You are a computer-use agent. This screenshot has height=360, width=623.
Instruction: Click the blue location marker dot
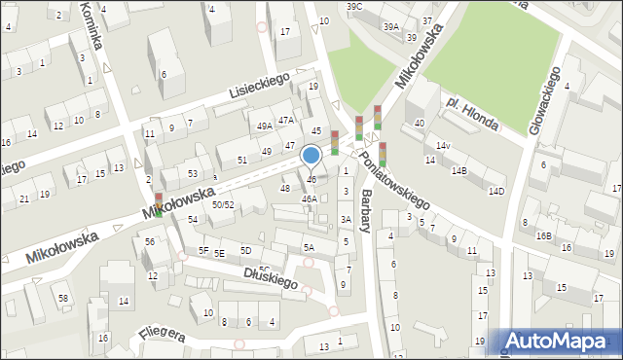click(311, 154)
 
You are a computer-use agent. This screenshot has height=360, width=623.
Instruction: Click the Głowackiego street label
click(542, 99)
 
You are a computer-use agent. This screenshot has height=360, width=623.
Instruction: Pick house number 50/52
click(223, 204)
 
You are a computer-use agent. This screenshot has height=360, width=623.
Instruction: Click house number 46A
click(309, 198)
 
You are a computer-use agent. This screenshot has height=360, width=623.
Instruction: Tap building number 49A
click(264, 126)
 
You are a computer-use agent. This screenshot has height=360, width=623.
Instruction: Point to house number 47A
click(285, 120)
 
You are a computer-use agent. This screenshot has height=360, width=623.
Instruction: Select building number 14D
click(496, 191)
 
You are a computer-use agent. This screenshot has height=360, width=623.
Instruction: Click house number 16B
click(543, 235)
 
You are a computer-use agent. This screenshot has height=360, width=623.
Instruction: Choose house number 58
click(63, 297)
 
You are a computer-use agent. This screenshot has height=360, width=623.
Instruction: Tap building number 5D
click(245, 251)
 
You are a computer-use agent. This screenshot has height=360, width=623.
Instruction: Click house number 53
click(193, 173)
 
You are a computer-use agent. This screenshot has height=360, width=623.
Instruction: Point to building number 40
click(420, 123)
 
